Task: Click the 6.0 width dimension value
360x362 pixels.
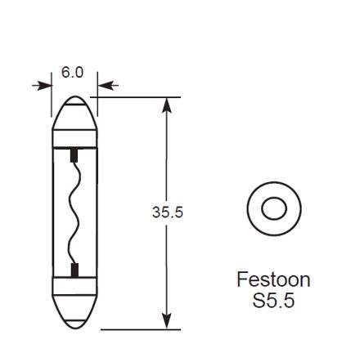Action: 73,73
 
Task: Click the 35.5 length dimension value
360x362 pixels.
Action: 168,212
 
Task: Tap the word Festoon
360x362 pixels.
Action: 273,279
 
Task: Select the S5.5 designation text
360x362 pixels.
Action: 273,301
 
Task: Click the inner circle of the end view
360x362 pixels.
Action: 274,210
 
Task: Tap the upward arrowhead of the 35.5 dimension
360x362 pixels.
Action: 167,106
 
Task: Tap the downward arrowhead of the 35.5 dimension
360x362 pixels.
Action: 167,320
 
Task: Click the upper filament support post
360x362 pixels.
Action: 74,153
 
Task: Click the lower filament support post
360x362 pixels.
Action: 74,270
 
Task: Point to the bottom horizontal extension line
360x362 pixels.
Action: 139,329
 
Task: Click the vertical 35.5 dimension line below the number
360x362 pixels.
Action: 167,270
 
